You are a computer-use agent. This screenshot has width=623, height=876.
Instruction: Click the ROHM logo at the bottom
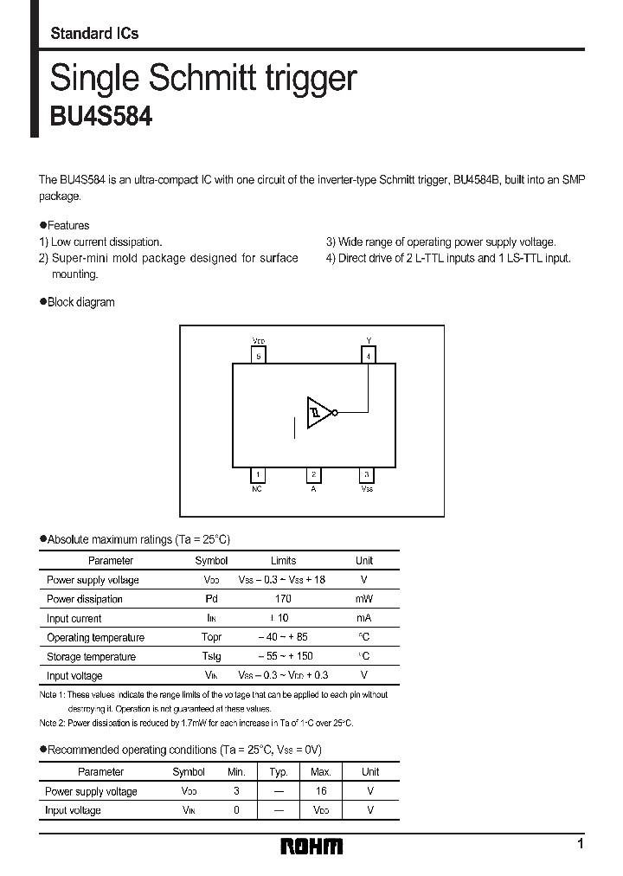point(312,846)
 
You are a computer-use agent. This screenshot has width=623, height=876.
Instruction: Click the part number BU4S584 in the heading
point(101,116)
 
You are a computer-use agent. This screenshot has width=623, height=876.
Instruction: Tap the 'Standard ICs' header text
point(94,34)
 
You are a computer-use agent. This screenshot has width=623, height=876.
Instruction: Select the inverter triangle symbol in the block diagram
point(318,412)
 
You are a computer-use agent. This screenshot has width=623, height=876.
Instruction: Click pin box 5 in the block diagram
point(258,356)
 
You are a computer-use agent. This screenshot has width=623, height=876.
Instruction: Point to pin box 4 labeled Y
point(369,356)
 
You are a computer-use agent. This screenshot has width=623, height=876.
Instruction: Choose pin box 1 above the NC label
point(257,474)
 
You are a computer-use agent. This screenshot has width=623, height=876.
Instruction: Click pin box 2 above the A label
point(313,474)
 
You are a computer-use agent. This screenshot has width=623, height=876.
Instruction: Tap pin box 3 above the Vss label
point(367,474)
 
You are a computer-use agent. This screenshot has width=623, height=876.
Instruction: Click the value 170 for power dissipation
point(283,599)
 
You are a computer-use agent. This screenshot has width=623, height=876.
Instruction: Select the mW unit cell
point(363,599)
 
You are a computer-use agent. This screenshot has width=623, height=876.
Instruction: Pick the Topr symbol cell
point(210,638)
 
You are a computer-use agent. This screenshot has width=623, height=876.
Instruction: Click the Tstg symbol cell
point(210,657)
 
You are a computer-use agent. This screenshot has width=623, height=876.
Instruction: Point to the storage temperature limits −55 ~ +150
point(284,657)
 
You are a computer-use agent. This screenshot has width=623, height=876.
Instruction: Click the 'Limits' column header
point(283,561)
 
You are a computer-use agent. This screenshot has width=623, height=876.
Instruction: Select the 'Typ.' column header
point(278,771)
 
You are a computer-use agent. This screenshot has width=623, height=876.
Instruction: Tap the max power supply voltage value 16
point(320,791)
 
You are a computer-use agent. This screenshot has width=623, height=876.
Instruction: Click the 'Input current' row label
point(74,619)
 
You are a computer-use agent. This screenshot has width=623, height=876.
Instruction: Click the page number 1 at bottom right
point(580,844)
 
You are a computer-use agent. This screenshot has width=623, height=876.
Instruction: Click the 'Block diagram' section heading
point(80,302)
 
